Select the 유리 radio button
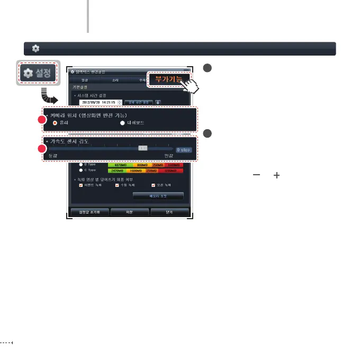[55, 123]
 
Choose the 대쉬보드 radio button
[123, 123]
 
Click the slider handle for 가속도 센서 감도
[142, 149]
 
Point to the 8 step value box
[184, 150]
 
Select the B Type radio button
[81, 164]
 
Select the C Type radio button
[81, 170]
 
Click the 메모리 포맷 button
[158, 196]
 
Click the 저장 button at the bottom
[130, 212]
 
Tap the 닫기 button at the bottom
[169, 212]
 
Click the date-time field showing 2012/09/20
[97, 102]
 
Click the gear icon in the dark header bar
[35, 48]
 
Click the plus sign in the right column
[276, 175]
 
